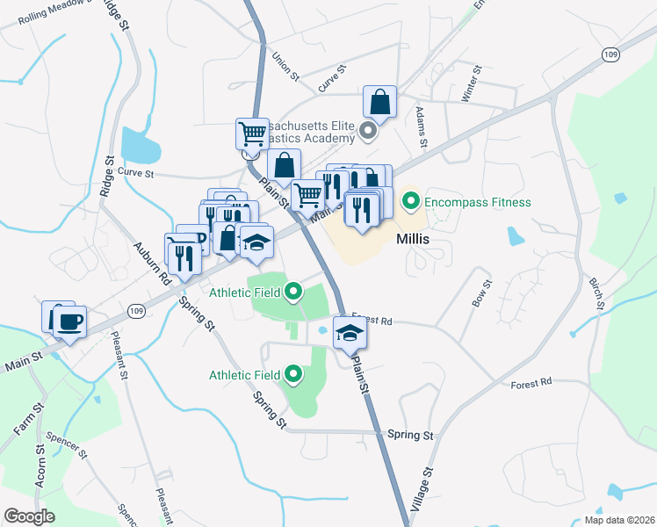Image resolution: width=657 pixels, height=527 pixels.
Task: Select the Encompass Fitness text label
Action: [x=478, y=202]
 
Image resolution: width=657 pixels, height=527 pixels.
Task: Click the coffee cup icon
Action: [x=69, y=321]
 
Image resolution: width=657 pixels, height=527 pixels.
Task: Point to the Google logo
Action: [x=29, y=516]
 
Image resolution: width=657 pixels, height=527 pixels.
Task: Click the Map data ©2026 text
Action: [x=619, y=520]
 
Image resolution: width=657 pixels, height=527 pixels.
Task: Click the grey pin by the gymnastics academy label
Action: [x=369, y=134]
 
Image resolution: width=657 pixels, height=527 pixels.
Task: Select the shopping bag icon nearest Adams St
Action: [x=381, y=103]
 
